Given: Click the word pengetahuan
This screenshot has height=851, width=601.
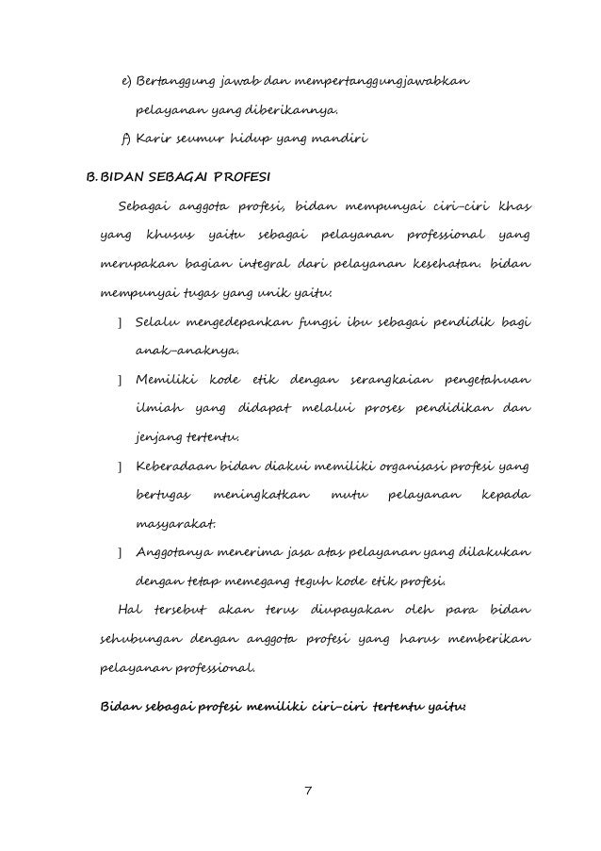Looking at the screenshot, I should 488,380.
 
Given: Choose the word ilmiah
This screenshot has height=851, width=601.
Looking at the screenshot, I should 157,410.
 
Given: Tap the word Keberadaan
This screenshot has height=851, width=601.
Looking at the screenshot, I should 176,466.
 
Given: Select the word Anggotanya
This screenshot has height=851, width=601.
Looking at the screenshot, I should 176,552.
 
